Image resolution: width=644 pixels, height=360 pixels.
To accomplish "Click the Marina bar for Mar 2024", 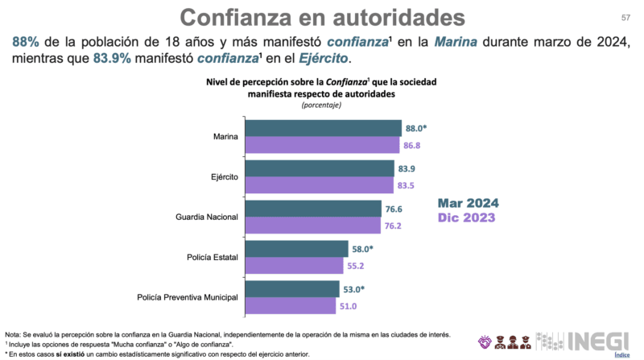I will (x=323, y=128).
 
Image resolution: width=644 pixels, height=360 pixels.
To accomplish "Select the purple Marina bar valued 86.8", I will (x=322, y=145).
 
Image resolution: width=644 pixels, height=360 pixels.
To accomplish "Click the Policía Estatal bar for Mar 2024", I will (x=296, y=249).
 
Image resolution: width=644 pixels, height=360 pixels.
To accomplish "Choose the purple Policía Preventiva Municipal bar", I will (x=290, y=305).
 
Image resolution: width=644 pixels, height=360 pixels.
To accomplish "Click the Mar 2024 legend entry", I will (x=469, y=202).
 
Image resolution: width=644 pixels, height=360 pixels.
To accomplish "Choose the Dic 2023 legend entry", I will (x=467, y=217).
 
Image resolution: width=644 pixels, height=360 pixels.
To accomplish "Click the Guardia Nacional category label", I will (x=206, y=217).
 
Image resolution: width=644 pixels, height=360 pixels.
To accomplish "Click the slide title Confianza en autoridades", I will (x=321, y=17).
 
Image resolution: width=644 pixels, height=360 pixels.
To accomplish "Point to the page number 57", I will (x=625, y=18).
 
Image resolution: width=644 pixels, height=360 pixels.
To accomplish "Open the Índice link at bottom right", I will (x=621, y=354).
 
